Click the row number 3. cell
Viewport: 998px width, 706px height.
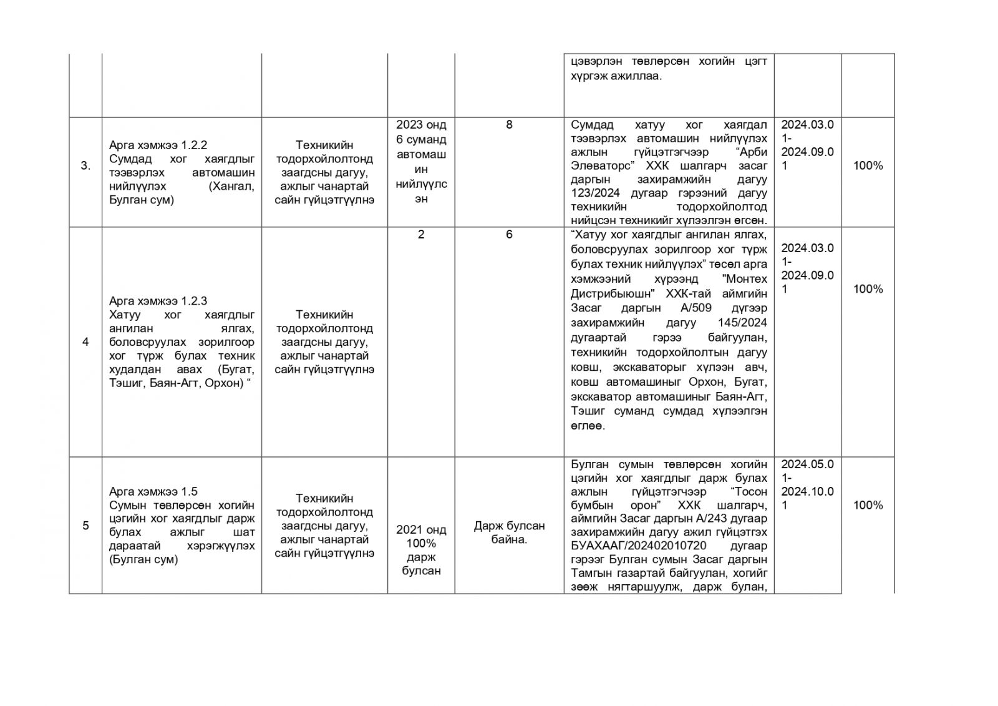[x=85, y=166]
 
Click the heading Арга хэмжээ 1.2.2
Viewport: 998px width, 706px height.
[x=158, y=145]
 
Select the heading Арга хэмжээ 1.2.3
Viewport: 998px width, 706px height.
[x=158, y=301]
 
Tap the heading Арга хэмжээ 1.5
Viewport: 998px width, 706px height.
[x=153, y=491]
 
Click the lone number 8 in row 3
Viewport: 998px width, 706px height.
[x=509, y=125]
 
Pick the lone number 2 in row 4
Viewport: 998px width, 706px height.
[x=421, y=235]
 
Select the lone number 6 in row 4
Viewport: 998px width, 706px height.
[x=509, y=235]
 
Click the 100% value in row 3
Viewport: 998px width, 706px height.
[x=868, y=166]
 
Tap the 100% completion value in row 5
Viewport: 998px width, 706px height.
[x=868, y=505]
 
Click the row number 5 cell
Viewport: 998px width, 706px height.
[x=85, y=526]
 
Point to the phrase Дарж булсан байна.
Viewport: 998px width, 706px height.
[x=509, y=532]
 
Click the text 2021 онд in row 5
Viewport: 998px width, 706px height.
[x=421, y=529]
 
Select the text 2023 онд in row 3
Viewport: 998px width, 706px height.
[x=421, y=125]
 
